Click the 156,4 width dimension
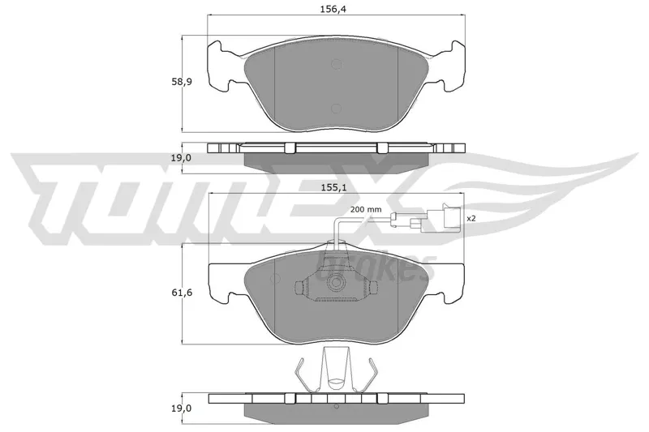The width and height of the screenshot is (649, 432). point(333,9)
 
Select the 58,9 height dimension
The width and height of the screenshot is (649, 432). point(182,81)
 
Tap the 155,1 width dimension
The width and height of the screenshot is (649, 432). point(333,187)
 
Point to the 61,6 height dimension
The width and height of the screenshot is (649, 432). point(182,293)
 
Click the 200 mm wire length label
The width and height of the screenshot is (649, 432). point(366,210)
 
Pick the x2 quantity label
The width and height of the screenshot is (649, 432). point(471,218)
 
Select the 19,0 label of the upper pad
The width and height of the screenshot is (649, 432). point(182,157)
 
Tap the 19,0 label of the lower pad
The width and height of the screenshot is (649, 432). point(182,408)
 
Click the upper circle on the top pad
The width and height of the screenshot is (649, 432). point(336,64)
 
